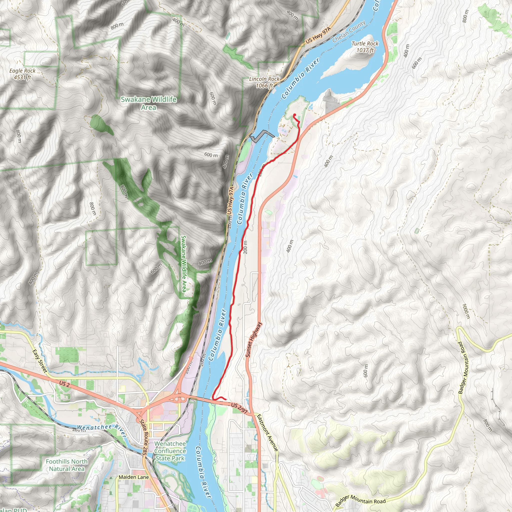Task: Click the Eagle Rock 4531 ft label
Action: [x=22, y=74]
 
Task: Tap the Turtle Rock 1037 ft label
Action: [x=365, y=47]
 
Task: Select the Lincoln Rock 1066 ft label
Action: [x=264, y=82]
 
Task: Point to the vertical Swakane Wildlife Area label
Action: [x=184, y=264]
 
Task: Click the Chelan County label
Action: [x=349, y=31]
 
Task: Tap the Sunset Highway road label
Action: [x=253, y=339]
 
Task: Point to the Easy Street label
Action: [x=40, y=361]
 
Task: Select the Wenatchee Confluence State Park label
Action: [x=170, y=451]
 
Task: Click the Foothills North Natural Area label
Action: [x=67, y=465]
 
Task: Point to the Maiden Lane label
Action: [x=133, y=477]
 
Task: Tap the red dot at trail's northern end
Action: [x=294, y=115]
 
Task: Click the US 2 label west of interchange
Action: [x=64, y=384]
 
